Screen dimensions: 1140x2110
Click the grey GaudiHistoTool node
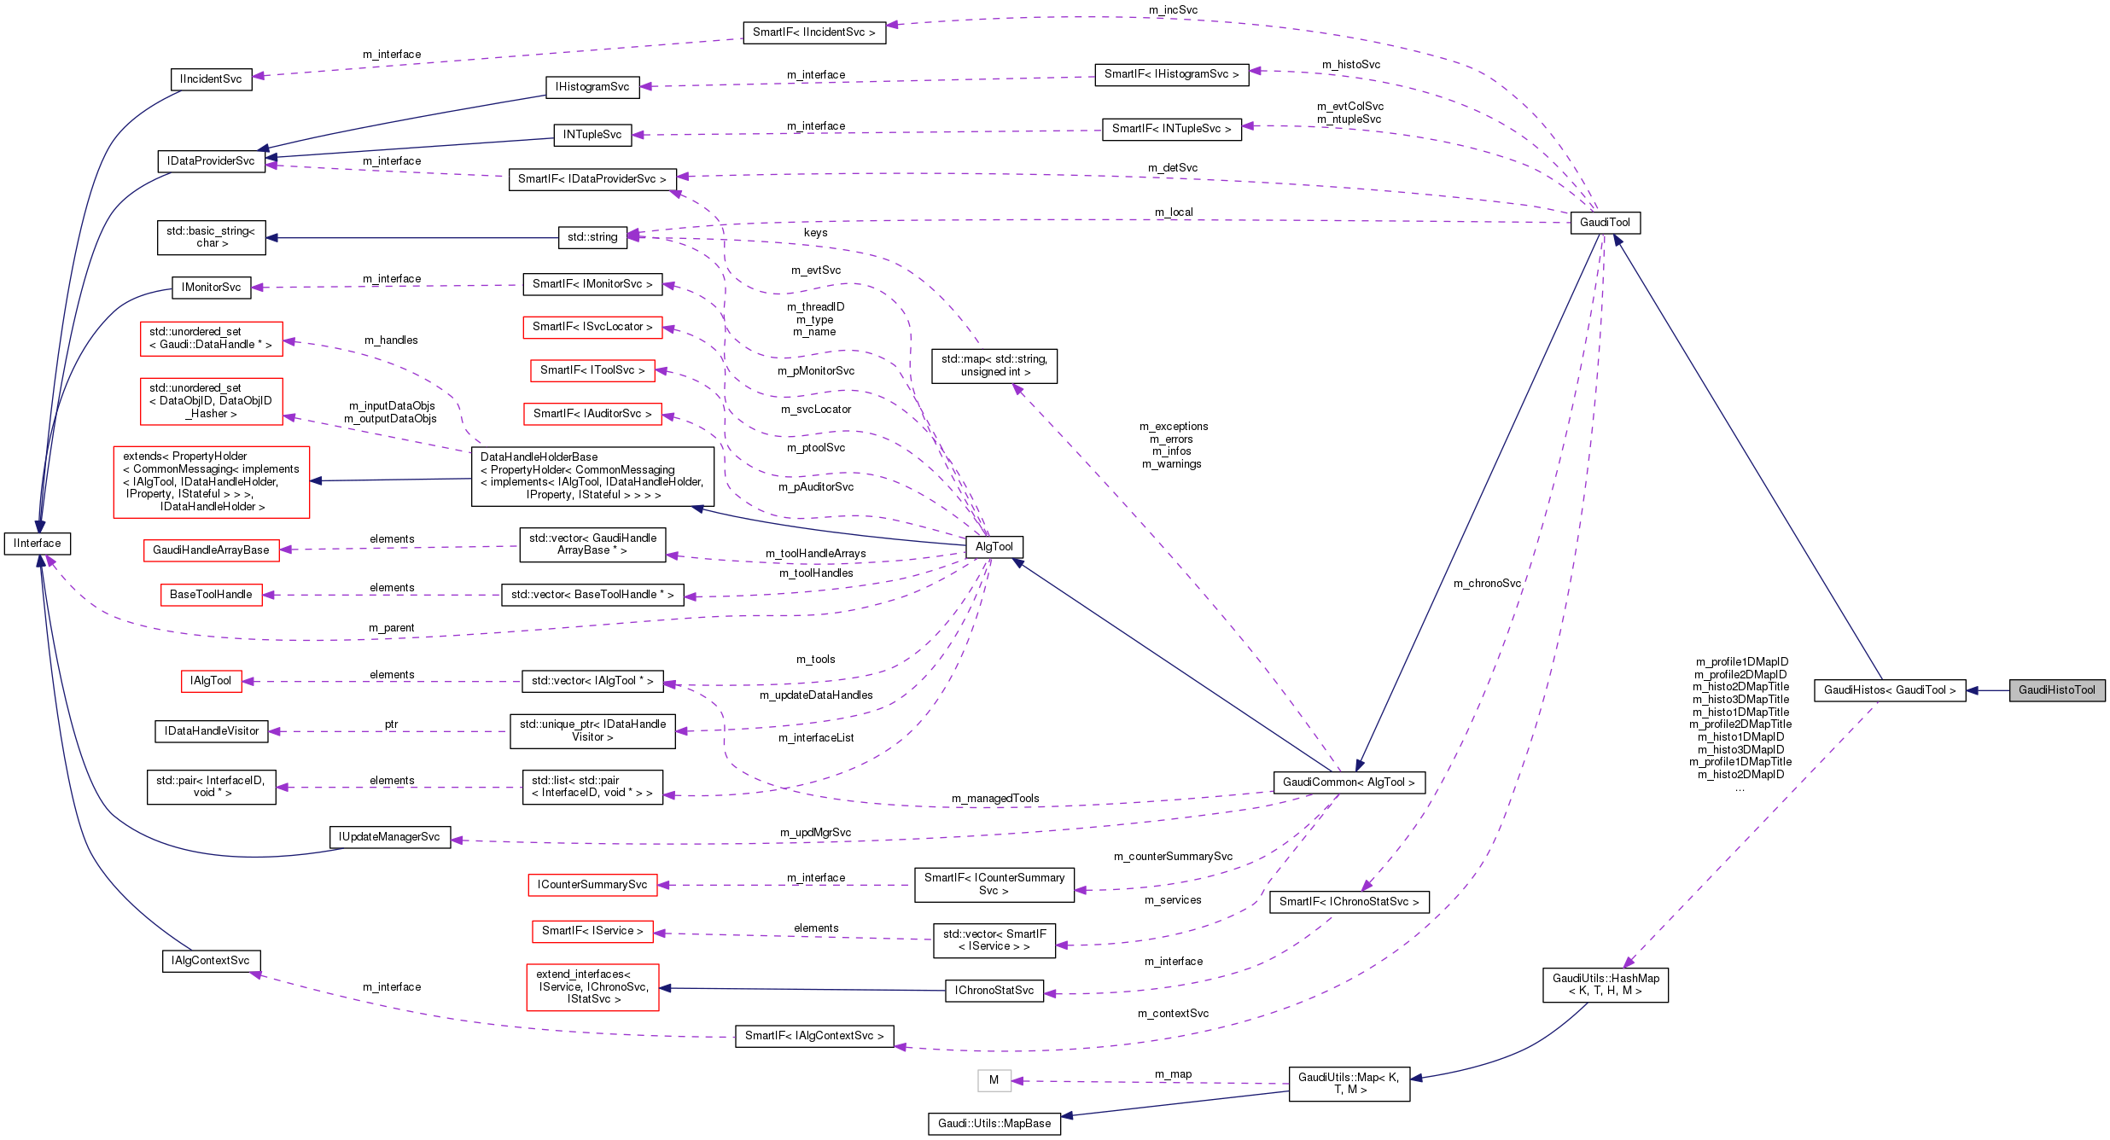click(x=2056, y=690)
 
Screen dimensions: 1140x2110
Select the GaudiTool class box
click(x=1605, y=223)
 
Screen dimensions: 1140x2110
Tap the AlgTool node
click(x=994, y=547)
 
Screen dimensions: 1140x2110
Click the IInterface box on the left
click(x=38, y=544)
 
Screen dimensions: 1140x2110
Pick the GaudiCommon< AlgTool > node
click(x=1349, y=782)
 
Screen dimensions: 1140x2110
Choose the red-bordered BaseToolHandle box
click(x=211, y=595)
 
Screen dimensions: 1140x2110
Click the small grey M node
click(x=994, y=1080)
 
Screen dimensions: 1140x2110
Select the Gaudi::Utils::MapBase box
click(x=994, y=1124)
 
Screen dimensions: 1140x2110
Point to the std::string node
click(x=592, y=237)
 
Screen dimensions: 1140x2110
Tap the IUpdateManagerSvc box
click(x=389, y=837)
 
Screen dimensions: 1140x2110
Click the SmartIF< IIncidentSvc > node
click(x=813, y=32)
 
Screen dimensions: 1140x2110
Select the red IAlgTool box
click(x=211, y=681)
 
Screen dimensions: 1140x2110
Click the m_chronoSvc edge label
click(x=1487, y=584)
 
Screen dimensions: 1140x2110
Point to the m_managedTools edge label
click(x=995, y=799)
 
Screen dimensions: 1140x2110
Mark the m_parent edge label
click(x=391, y=628)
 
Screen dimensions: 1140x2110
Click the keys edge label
click(x=815, y=233)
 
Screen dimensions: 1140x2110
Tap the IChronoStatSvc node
click(x=994, y=991)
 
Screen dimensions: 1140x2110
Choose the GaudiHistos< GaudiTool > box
click(x=1890, y=690)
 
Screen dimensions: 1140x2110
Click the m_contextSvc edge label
click(x=1173, y=1014)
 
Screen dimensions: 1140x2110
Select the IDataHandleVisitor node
click(x=211, y=731)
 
